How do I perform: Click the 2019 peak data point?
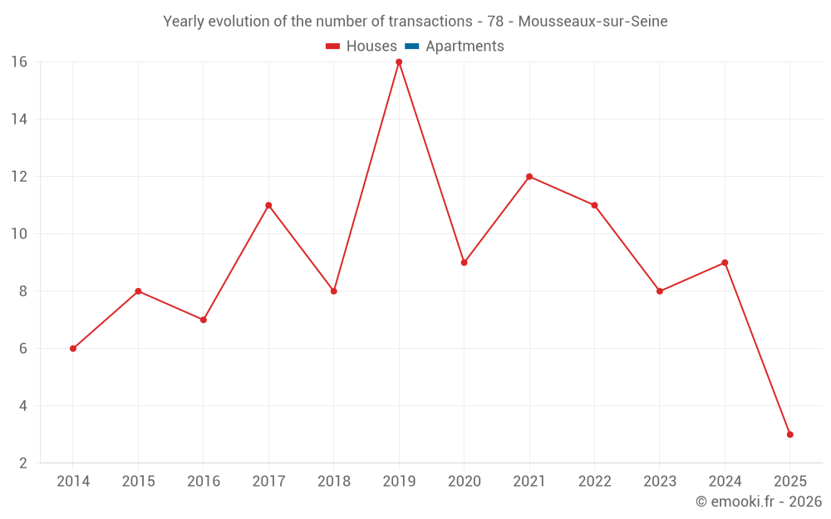point(399,62)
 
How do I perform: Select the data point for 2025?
point(789,434)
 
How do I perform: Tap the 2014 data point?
point(73,349)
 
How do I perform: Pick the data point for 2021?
point(529,177)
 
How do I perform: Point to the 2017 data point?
point(268,205)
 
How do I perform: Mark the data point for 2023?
point(660,291)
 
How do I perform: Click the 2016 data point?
point(204,320)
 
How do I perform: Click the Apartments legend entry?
point(465,47)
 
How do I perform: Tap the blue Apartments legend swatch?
point(412,47)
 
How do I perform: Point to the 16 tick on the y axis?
point(19,62)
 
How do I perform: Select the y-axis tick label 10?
point(19,234)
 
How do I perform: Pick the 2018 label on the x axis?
point(334,482)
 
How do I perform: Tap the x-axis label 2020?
point(464,482)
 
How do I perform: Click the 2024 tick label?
point(725,482)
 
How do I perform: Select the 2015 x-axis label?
point(138,482)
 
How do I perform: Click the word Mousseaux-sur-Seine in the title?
point(593,22)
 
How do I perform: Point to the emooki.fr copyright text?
point(759,502)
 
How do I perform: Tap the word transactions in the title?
point(430,22)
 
